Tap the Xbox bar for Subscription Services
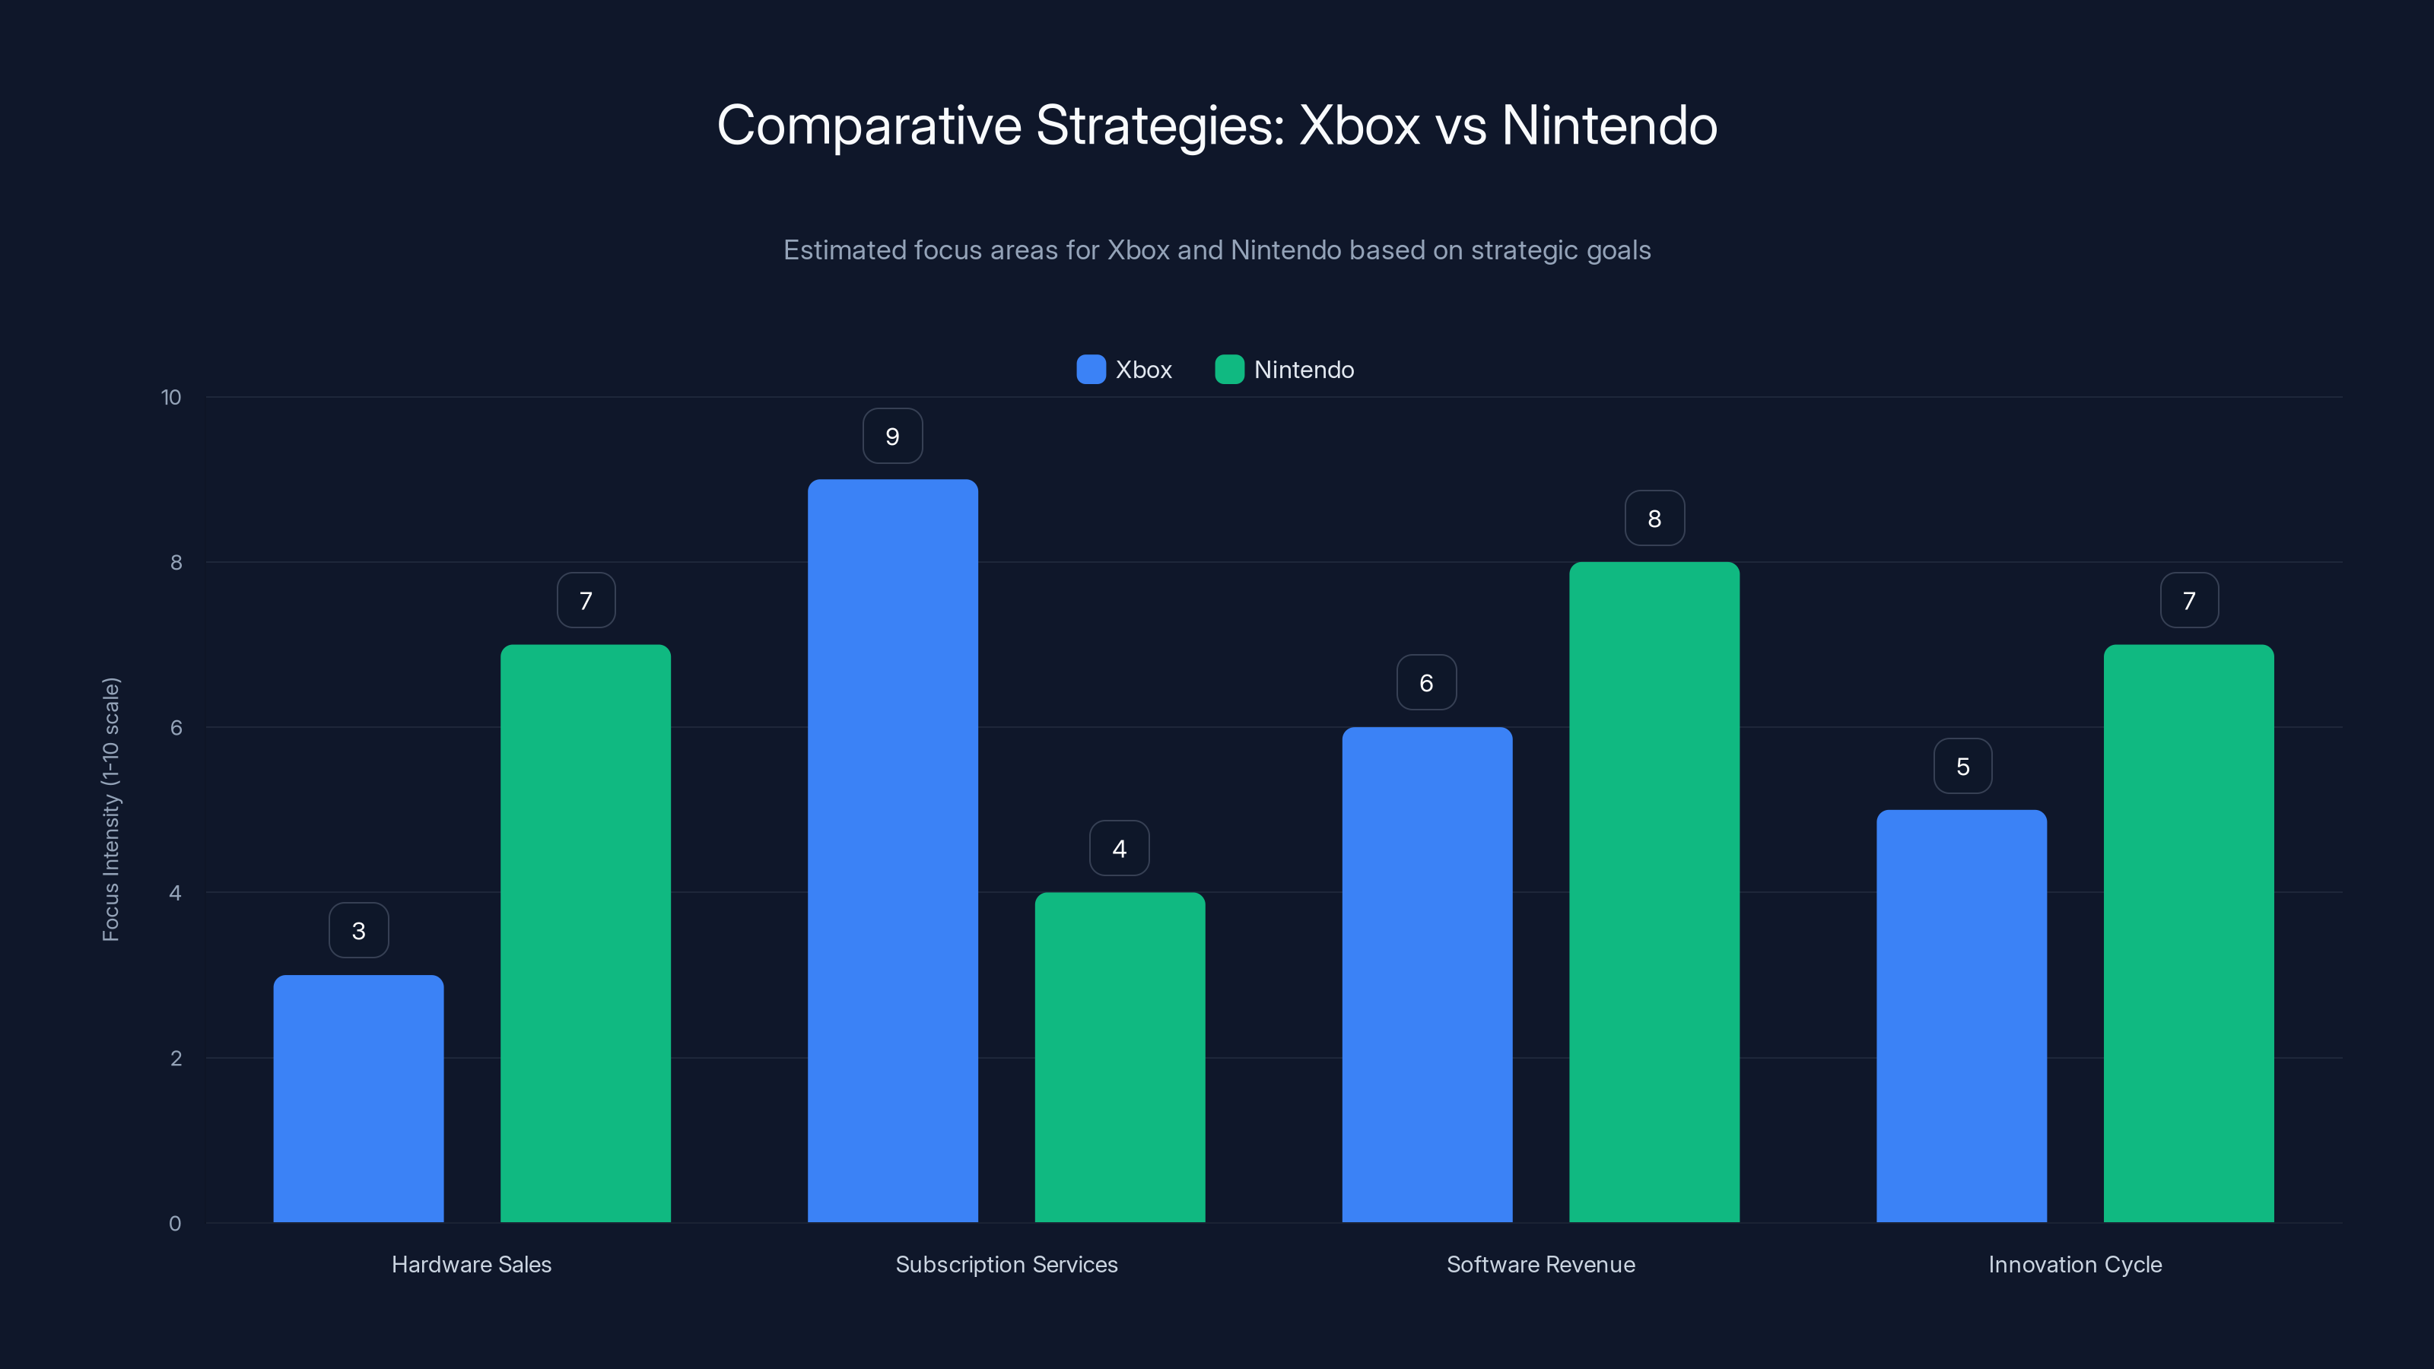click(x=892, y=850)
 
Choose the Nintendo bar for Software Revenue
click(x=1654, y=892)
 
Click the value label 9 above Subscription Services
click(x=892, y=437)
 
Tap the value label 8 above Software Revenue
click(x=1654, y=519)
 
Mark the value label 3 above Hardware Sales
click(x=358, y=931)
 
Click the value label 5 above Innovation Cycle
click(x=1962, y=766)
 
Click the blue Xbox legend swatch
click(x=1091, y=370)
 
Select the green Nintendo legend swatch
click(x=1228, y=370)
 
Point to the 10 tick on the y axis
click(x=171, y=398)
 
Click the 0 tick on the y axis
click(x=175, y=1224)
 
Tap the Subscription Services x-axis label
click(x=1006, y=1264)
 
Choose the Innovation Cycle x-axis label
click(x=2075, y=1264)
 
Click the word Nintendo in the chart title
click(x=1609, y=125)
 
